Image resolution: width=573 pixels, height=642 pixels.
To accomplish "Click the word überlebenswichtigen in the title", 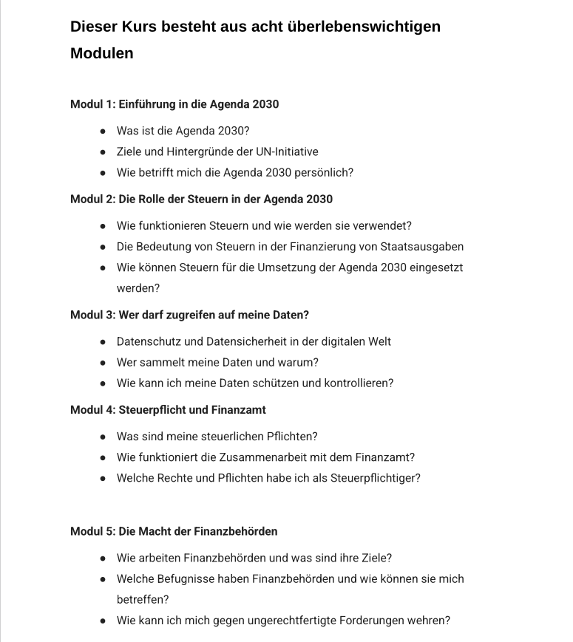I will [367, 27].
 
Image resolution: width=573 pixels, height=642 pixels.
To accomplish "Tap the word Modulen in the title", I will [102, 53].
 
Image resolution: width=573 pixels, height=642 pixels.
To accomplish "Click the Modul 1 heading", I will [174, 104].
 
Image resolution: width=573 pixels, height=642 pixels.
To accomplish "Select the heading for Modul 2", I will [201, 199].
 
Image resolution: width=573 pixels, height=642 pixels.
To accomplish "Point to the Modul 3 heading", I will [189, 315].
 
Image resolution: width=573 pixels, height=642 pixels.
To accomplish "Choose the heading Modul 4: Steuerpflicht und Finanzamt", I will [168, 409].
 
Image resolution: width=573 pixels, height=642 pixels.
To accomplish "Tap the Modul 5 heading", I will [174, 531].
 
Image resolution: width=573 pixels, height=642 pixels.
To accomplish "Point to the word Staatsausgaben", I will [422, 247].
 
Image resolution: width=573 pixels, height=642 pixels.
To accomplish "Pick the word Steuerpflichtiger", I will [375, 478].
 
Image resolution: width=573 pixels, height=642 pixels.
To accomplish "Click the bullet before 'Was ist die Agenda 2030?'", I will [103, 132].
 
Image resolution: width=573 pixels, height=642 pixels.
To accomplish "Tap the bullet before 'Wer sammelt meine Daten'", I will [103, 363].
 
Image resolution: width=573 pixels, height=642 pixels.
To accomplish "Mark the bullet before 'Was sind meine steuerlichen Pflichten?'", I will [103, 437].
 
